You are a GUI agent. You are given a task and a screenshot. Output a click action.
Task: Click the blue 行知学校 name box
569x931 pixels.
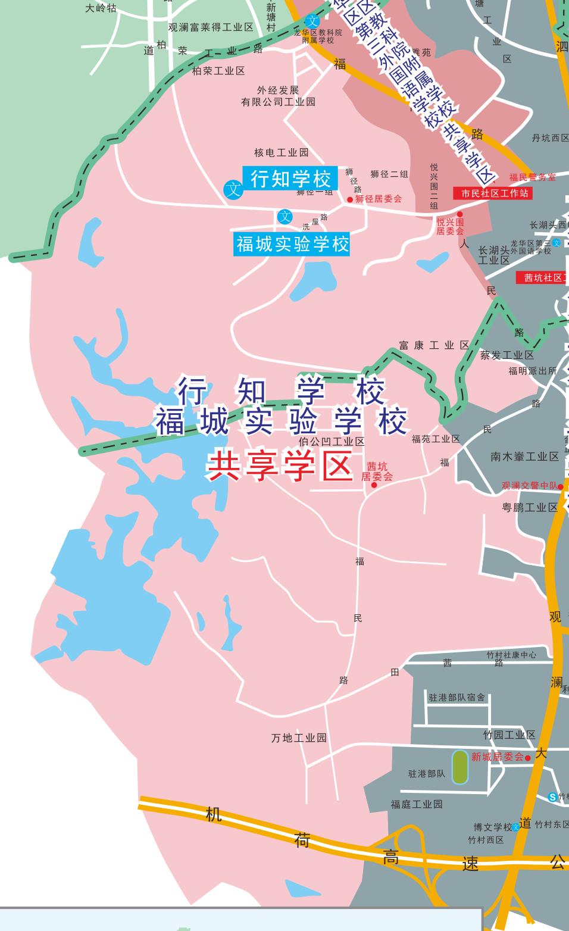click(290, 178)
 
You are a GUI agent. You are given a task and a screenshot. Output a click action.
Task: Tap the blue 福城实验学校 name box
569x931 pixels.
click(292, 244)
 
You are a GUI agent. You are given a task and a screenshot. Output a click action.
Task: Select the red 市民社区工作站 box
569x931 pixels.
click(492, 193)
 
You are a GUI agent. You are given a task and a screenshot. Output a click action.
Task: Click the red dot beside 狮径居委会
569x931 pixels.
click(350, 199)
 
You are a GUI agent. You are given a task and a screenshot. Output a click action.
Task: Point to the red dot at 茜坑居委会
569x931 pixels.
click(374, 485)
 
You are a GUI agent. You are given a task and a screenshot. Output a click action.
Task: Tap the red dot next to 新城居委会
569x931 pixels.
click(528, 758)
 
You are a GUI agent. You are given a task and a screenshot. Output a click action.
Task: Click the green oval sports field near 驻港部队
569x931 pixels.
click(459, 767)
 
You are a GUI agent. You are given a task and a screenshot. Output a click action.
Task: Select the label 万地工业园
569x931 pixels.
click(299, 738)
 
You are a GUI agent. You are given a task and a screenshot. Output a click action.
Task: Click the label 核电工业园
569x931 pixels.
click(282, 153)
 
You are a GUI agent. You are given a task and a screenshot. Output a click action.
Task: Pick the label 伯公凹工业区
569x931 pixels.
click(332, 442)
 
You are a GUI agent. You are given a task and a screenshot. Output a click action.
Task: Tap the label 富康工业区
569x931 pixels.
click(434, 345)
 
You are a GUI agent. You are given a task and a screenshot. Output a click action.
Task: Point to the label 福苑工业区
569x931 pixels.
click(436, 439)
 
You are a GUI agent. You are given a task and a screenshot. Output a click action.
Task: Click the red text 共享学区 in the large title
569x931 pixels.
click(280, 467)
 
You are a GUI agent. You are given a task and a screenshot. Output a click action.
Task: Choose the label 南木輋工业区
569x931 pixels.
click(525, 457)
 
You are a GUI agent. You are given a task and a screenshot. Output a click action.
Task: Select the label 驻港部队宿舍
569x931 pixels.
click(457, 697)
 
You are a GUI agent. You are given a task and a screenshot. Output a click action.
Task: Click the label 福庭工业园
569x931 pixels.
click(417, 804)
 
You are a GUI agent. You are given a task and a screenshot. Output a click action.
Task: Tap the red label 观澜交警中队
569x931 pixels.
click(530, 486)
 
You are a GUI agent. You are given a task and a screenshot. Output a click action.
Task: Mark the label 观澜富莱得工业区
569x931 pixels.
click(211, 27)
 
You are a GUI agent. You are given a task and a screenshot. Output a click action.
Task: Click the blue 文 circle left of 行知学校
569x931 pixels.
click(233, 190)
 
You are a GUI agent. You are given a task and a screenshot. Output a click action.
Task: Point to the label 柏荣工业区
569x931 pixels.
click(218, 71)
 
